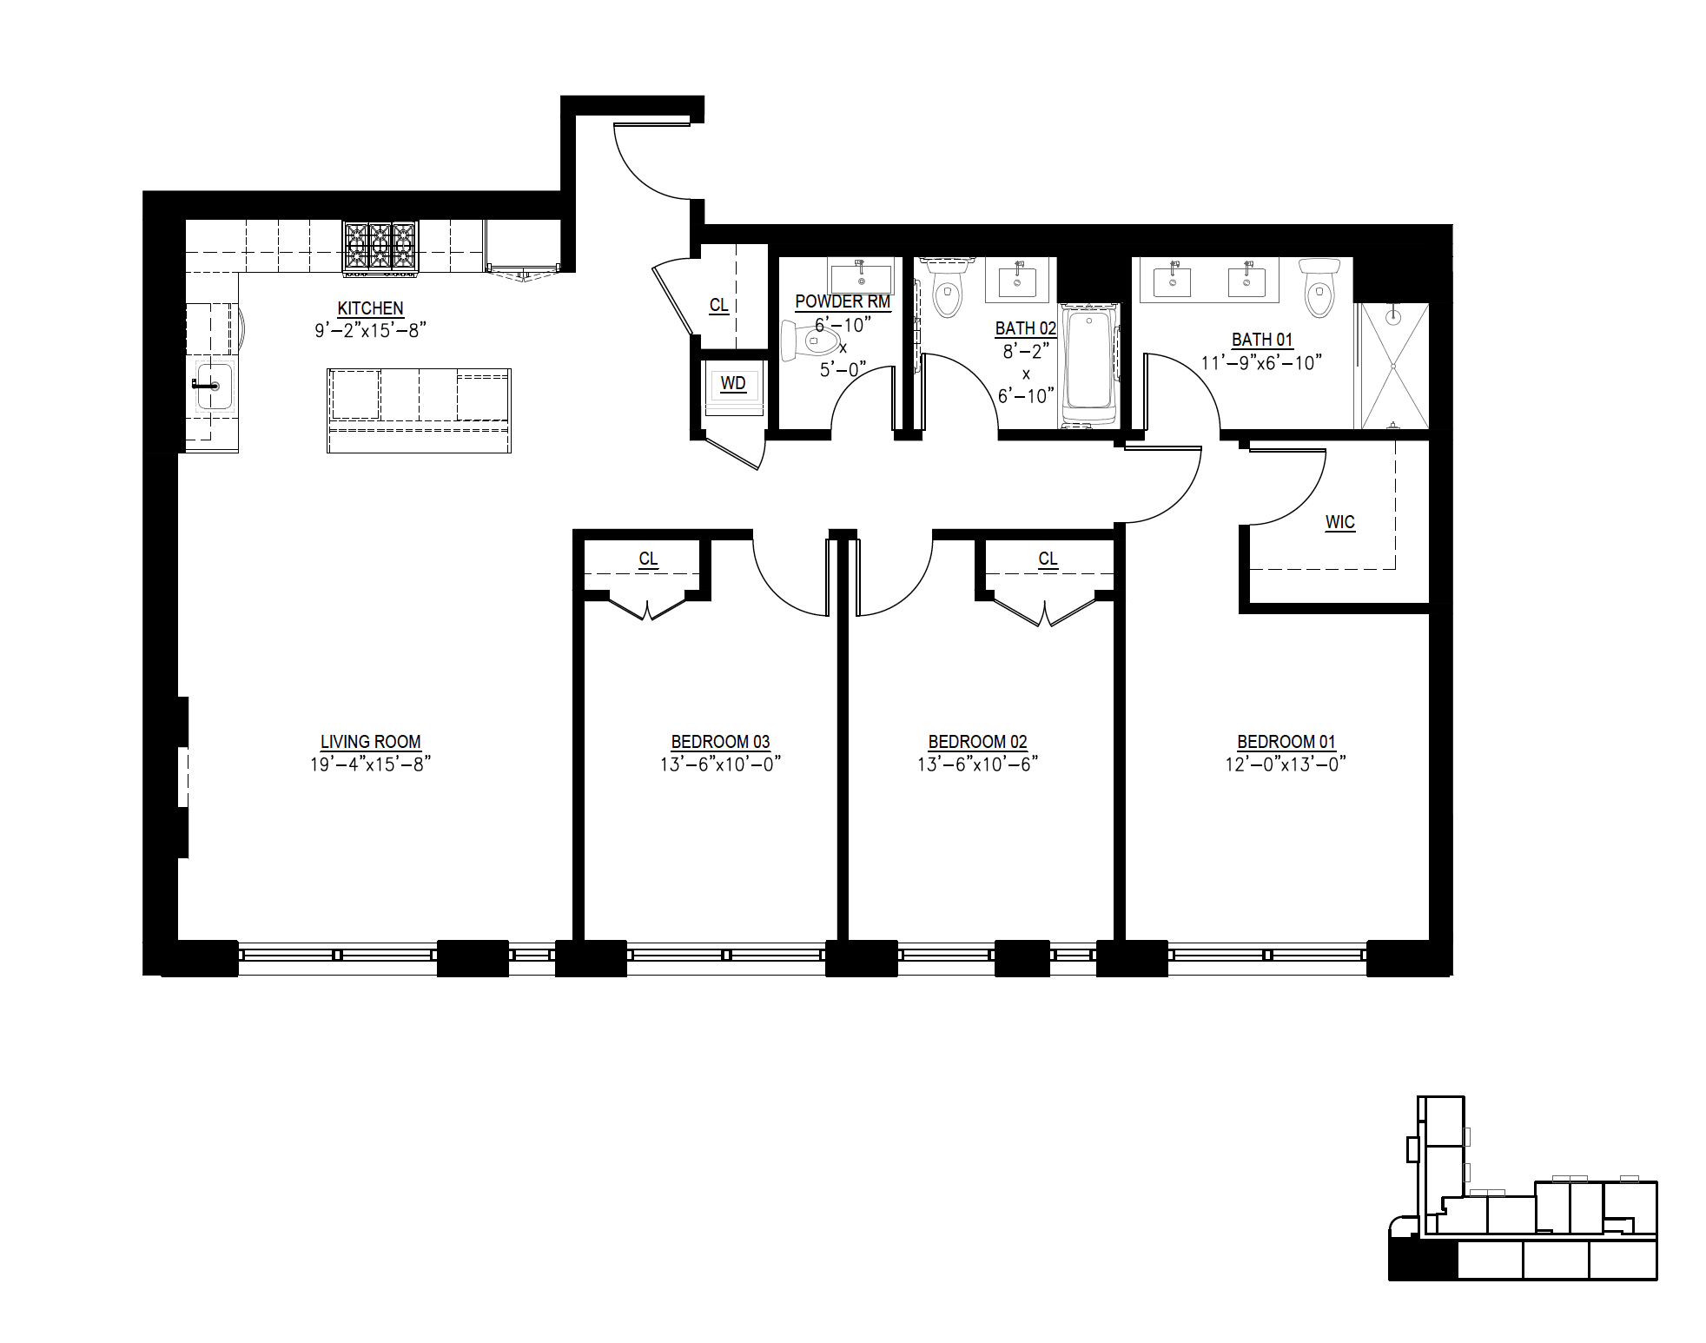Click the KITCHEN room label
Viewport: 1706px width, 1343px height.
tap(371, 308)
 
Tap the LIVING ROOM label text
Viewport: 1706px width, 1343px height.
tap(371, 742)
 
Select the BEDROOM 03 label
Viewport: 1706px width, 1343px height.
tap(720, 742)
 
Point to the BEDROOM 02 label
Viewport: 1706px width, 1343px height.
tap(977, 742)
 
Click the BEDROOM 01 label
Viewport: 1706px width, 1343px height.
tap(1286, 742)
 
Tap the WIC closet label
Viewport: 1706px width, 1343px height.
tap(1339, 523)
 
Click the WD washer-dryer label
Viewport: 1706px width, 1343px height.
tap(733, 384)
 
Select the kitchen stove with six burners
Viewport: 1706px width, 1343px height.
tap(380, 249)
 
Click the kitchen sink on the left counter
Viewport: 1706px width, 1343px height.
tap(213, 386)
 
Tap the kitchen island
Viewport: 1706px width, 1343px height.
tap(419, 410)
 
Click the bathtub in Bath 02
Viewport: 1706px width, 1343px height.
tap(1088, 365)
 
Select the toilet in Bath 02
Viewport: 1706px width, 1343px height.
tap(947, 288)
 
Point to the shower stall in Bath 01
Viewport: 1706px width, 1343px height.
tap(1392, 366)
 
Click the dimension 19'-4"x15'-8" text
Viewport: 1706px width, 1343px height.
tap(371, 764)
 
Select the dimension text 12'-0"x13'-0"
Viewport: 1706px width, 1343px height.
tap(1286, 764)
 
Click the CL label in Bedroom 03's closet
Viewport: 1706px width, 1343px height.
tap(648, 559)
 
